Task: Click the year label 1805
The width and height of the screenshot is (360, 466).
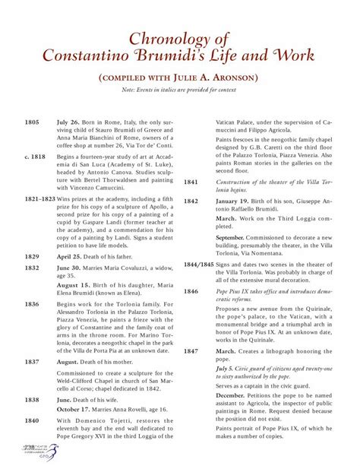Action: pos(32,122)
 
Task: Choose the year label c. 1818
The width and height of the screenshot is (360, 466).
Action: pos(35,156)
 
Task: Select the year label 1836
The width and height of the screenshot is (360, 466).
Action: pos(32,304)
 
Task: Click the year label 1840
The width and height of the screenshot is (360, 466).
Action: pos(32,420)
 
